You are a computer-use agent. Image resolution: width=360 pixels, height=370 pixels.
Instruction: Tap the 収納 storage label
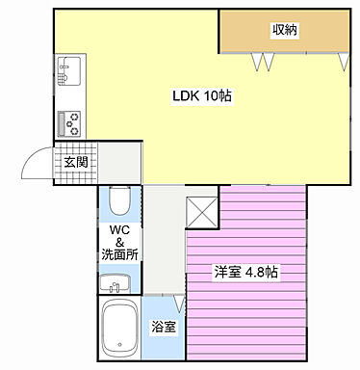tap(284, 30)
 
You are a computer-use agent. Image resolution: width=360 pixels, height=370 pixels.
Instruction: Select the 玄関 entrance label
tap(75, 162)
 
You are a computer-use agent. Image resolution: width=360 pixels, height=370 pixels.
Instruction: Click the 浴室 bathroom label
tap(164, 327)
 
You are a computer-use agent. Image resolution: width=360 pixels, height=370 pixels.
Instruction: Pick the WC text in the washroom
tap(119, 229)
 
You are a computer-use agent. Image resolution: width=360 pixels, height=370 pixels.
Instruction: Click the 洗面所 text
tap(119, 255)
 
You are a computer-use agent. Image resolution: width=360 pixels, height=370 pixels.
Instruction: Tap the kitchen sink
tap(70, 70)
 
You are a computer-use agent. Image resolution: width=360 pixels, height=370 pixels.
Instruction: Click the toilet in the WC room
tap(117, 200)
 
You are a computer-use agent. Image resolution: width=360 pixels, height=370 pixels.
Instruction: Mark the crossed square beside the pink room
tap(201, 210)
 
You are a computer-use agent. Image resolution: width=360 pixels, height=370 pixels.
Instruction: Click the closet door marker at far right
tap(344, 62)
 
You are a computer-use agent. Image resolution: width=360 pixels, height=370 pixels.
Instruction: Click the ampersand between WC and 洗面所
tap(120, 242)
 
